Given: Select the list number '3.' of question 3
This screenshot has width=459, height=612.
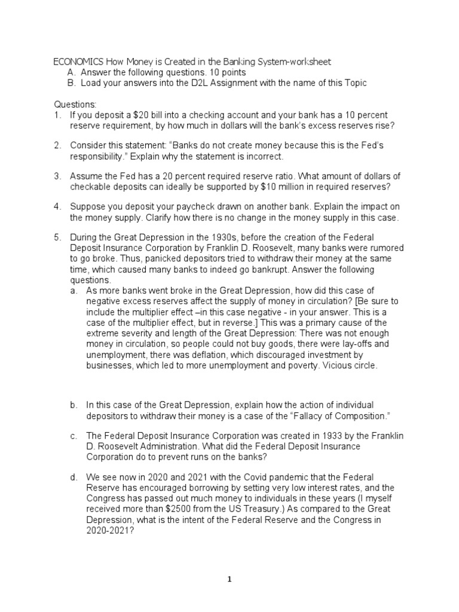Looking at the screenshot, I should (x=57, y=176).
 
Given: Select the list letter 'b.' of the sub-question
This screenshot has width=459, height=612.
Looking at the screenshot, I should (x=74, y=405).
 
